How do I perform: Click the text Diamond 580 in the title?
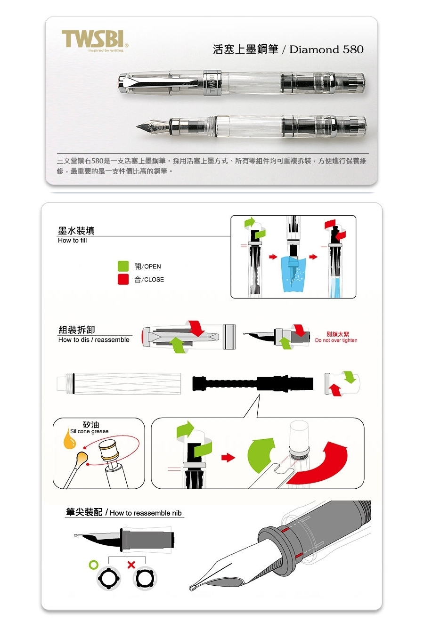click(326, 49)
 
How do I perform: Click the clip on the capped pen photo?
click(159, 82)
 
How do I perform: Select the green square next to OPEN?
click(123, 266)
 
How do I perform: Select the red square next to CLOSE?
click(123, 279)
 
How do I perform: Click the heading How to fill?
click(72, 241)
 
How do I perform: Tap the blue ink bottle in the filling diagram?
click(294, 274)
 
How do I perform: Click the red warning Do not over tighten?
click(336, 340)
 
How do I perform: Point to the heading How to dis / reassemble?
click(94, 339)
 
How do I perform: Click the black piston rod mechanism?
click(253, 383)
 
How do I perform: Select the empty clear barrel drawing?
click(119, 383)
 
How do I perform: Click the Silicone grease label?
click(89, 431)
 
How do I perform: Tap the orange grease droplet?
click(69, 439)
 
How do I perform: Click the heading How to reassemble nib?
click(146, 513)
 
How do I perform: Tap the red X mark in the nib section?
click(131, 565)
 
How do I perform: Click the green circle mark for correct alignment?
click(94, 565)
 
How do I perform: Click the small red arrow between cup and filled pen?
click(313, 257)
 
